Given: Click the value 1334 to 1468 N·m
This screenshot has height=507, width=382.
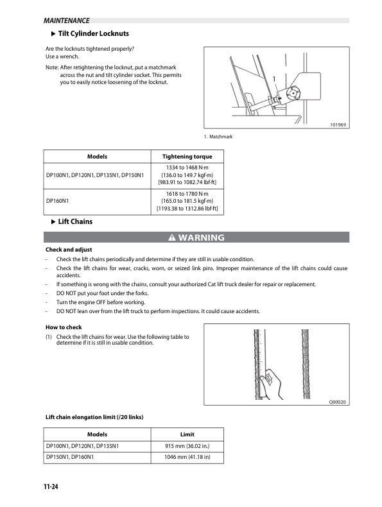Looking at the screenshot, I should pos(187,167).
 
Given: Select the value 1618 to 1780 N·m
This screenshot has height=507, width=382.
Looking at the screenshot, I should pos(187,193).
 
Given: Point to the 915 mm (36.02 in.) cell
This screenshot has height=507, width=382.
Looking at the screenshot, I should pos(187,445).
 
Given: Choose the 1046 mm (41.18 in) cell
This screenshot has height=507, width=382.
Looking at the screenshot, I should pos(187,457).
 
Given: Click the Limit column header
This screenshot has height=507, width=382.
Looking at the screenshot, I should pos(187,433).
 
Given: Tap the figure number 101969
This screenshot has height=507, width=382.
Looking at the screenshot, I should pos(336,125).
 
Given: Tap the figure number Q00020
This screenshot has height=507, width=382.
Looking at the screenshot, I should pos(337,402).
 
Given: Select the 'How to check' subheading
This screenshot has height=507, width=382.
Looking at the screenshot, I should pos(64,327).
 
